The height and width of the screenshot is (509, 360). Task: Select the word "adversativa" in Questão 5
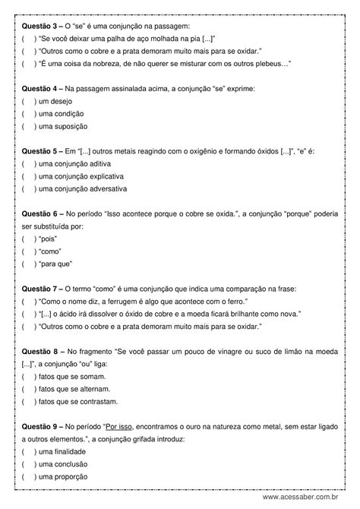tap(108, 188)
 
